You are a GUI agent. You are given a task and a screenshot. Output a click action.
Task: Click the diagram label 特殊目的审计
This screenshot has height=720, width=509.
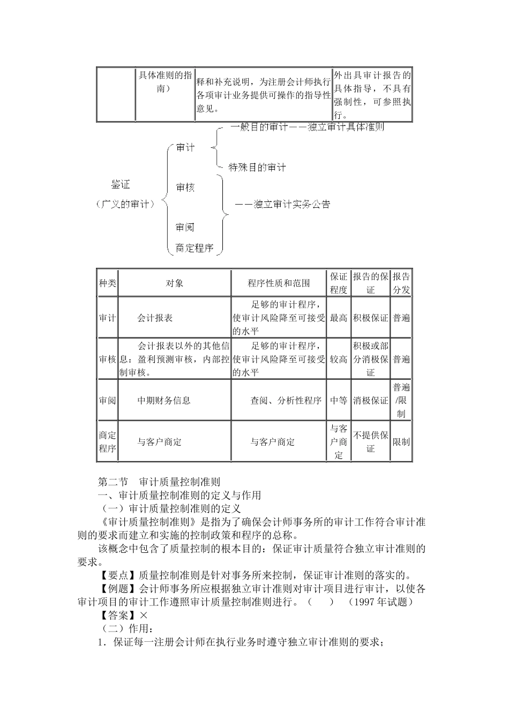point(257,168)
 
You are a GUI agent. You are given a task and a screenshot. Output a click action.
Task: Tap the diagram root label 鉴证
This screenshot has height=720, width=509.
point(121,185)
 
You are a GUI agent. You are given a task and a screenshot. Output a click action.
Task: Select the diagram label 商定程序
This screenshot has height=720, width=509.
point(194,248)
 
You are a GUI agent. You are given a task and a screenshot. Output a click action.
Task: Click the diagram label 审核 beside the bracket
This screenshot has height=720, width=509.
point(185,187)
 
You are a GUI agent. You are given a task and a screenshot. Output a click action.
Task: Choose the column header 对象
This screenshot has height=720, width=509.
point(175,283)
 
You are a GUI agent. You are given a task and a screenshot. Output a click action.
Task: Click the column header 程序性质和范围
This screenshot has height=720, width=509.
point(279,283)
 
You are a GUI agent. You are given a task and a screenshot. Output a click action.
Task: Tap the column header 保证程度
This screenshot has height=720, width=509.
point(339,283)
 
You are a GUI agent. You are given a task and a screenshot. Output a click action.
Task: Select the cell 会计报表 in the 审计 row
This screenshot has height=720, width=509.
point(155,318)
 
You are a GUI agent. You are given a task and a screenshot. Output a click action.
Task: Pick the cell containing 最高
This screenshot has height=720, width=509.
point(339,318)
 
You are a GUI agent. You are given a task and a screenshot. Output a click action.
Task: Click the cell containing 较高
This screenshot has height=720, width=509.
point(339,359)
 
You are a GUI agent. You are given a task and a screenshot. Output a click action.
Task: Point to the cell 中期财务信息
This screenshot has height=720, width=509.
point(164,400)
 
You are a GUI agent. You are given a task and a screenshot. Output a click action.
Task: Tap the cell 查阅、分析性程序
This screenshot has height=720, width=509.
point(286,400)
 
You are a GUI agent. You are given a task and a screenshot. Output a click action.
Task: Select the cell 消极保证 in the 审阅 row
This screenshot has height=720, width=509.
point(370,400)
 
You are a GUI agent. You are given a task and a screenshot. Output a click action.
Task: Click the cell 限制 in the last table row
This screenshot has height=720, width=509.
point(401,442)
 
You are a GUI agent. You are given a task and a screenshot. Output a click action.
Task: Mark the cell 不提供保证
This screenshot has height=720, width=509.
point(370,442)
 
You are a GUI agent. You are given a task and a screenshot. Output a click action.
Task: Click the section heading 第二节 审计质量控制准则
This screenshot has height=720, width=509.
point(159,482)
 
